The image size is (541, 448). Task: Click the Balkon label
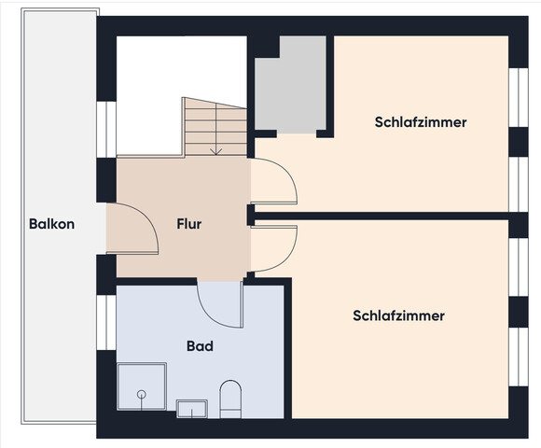[51, 224]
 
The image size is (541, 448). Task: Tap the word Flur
[189, 224]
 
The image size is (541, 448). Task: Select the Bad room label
[200, 346]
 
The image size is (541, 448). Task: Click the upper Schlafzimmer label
[421, 122]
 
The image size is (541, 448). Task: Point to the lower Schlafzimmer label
[398, 316]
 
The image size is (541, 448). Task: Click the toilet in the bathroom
[229, 399]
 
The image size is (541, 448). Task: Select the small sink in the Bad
[192, 408]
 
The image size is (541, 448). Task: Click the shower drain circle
[142, 396]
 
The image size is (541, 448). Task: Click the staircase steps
[215, 126]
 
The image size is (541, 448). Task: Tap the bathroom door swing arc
[219, 303]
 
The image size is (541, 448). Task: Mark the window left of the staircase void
[104, 127]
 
